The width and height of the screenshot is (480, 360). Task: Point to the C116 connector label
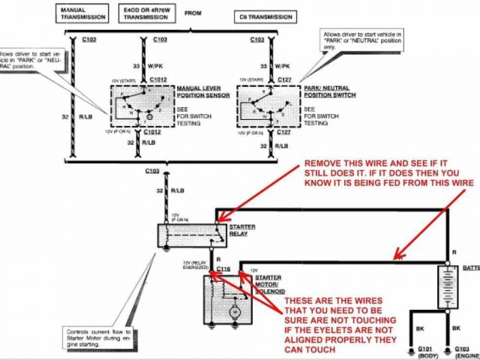coord(223,268)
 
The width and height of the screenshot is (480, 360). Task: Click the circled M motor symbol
coord(233,308)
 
